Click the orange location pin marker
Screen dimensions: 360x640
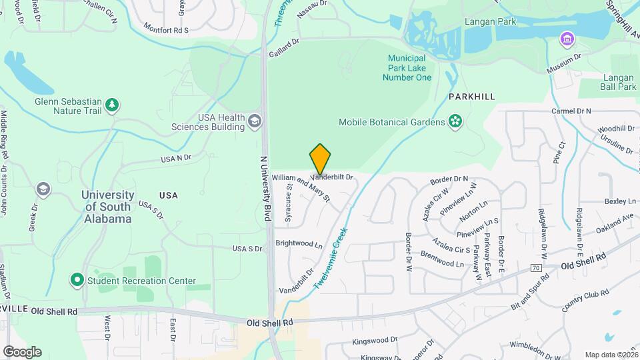click(x=320, y=159)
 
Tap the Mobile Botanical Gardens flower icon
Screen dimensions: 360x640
click(x=455, y=121)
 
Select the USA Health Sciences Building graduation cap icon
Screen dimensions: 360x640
click(x=254, y=121)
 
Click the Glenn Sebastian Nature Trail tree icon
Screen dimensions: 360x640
click(x=113, y=104)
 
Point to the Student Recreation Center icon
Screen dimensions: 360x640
click(x=77, y=281)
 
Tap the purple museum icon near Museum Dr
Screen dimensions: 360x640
click(x=567, y=39)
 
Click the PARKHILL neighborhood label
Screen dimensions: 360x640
click(x=471, y=97)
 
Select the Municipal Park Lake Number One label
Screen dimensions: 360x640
click(x=407, y=68)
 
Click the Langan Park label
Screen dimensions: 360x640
click(x=497, y=21)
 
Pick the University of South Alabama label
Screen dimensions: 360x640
click(x=107, y=207)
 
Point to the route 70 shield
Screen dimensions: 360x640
click(x=535, y=268)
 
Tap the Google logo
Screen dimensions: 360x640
click(x=22, y=351)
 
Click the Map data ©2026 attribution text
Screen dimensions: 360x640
click(x=611, y=355)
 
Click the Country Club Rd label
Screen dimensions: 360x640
click(x=585, y=297)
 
